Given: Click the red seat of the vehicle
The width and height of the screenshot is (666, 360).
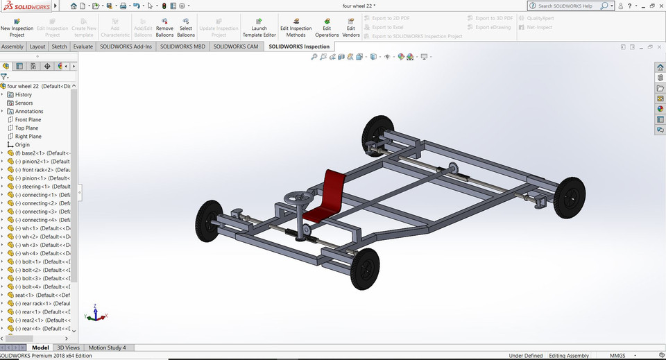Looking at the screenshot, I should click(x=330, y=194).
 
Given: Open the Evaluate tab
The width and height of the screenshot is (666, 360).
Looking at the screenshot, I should click(x=83, y=46).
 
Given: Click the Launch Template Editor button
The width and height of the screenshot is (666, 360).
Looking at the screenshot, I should click(x=259, y=27).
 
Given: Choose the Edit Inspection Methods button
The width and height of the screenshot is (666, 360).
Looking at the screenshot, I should click(x=296, y=27).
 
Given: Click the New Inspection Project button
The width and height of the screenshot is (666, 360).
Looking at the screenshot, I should click(x=17, y=27).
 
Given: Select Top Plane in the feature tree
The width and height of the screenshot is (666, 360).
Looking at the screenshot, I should click(x=26, y=128).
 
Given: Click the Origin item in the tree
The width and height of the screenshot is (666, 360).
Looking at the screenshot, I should click(x=22, y=145).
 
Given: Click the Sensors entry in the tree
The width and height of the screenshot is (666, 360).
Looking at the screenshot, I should click(x=24, y=103).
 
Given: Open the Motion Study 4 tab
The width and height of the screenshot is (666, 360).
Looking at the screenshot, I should click(x=107, y=348).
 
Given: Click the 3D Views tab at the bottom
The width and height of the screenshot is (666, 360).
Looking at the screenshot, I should click(x=68, y=348).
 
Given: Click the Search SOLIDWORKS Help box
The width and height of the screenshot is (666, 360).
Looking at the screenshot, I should click(x=569, y=6).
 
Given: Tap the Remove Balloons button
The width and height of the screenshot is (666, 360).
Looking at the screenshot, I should click(x=164, y=27).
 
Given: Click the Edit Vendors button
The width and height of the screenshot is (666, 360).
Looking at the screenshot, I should click(x=351, y=27).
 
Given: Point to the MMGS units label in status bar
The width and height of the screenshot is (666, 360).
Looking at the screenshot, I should click(x=617, y=356).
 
